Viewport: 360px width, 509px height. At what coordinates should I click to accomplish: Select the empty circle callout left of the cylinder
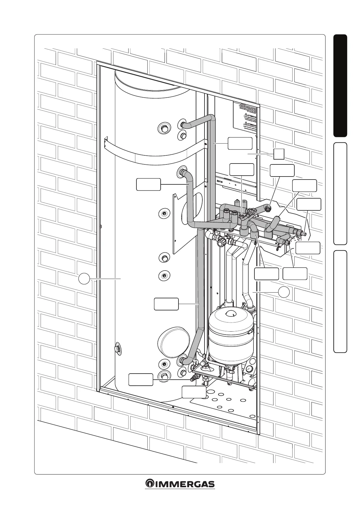[x=84, y=278]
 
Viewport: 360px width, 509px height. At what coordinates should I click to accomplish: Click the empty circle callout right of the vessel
[x=284, y=292]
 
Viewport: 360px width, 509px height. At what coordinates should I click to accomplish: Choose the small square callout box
[x=279, y=154]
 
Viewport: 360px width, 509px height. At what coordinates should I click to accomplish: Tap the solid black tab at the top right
[x=340, y=86]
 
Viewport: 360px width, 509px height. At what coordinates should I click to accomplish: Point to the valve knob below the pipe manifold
[x=221, y=242]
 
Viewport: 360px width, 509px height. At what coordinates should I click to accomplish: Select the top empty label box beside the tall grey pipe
[x=240, y=143]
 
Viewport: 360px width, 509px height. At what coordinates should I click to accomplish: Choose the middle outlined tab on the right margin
[x=340, y=193]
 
